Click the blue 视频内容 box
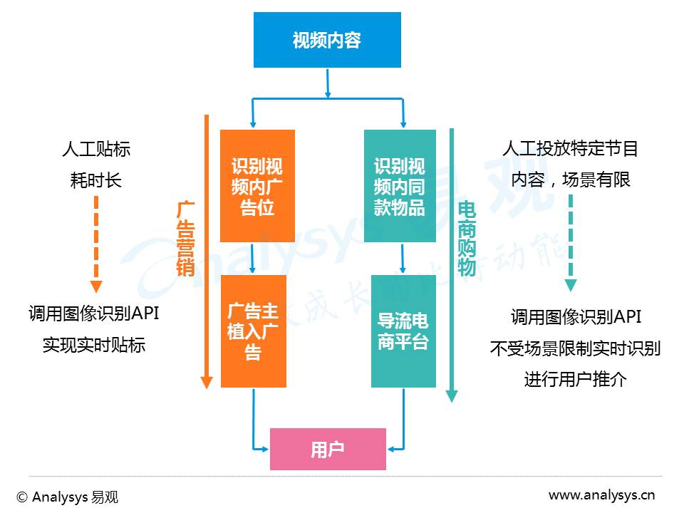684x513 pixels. click(x=327, y=40)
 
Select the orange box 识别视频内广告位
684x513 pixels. click(x=257, y=186)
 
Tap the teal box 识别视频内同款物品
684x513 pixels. click(x=400, y=186)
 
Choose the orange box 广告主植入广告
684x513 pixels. click(x=254, y=331)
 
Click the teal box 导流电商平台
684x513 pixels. click(x=403, y=331)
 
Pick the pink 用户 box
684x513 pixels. click(x=328, y=449)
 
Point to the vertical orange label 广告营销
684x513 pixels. click(x=185, y=239)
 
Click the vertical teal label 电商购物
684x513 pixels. click(x=466, y=239)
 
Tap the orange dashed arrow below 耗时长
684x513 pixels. click(x=96, y=244)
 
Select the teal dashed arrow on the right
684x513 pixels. click(x=571, y=243)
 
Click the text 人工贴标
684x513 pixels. click(x=96, y=149)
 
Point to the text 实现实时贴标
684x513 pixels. click(x=94, y=345)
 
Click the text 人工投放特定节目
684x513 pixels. click(x=570, y=148)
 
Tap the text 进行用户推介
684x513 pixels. click(x=576, y=378)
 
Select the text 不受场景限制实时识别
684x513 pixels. click(x=576, y=348)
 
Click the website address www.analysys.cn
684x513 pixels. click(x=601, y=495)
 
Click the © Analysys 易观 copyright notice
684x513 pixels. click(x=67, y=497)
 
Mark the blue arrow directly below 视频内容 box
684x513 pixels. click(x=328, y=83)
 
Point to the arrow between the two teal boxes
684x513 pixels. click(x=403, y=258)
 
